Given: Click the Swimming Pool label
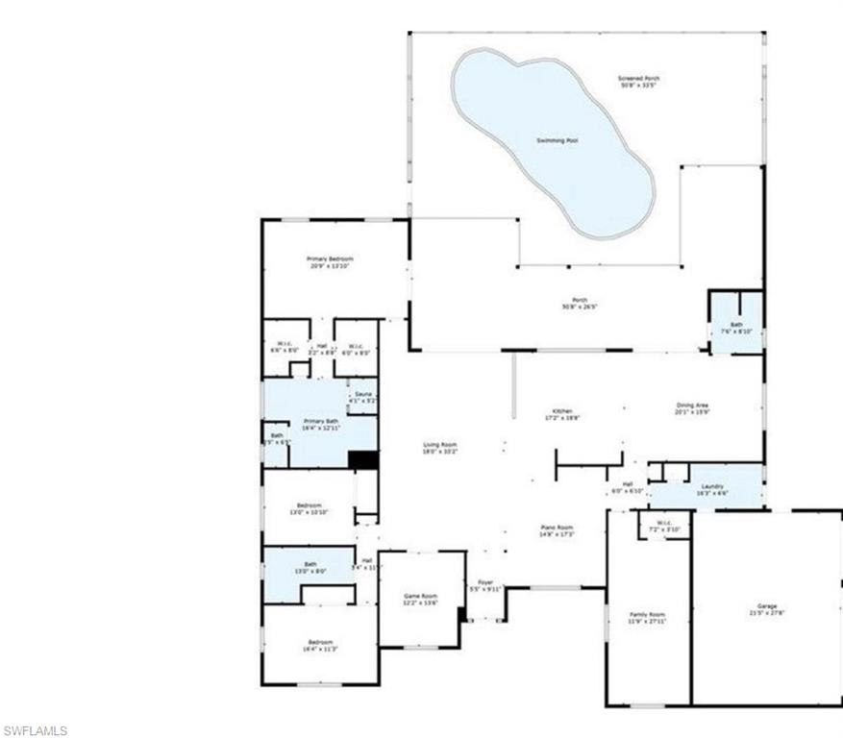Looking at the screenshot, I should [557, 141].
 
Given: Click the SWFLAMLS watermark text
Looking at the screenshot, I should [36, 730].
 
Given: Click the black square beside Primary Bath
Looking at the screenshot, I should [362, 459].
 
